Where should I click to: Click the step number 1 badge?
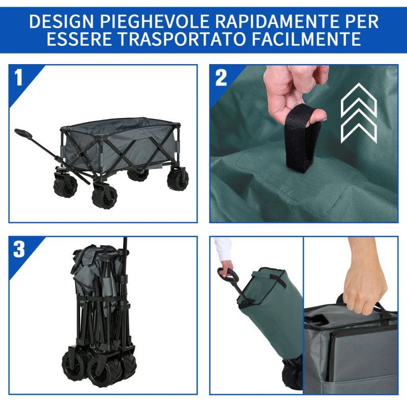click(19, 78)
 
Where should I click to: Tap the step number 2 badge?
click(221, 78)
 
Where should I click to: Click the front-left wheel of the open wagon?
click(104, 196)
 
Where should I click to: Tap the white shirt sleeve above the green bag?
click(222, 250)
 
